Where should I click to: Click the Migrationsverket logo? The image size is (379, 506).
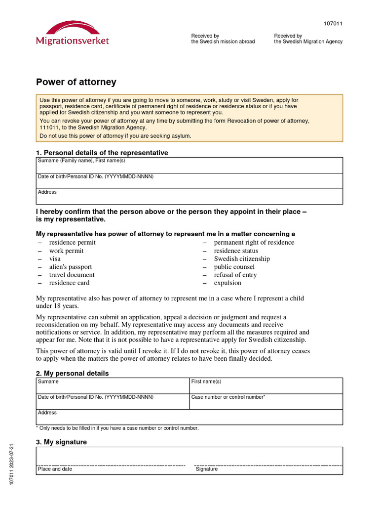(x=73, y=34)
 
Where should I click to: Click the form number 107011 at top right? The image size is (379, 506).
(x=333, y=24)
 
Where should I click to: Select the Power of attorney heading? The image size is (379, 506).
(x=76, y=82)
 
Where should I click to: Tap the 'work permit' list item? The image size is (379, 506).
(x=66, y=251)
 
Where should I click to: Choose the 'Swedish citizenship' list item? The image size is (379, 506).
(x=242, y=259)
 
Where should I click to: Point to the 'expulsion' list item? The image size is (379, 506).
(x=227, y=283)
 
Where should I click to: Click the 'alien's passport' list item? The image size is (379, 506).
(x=70, y=267)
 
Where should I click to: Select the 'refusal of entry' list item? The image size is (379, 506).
(x=235, y=275)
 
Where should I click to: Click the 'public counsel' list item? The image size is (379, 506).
(x=234, y=267)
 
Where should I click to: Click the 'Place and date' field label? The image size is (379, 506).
(x=55, y=469)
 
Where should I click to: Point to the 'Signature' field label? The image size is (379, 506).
(x=206, y=469)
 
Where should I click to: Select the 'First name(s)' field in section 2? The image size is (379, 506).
(x=265, y=386)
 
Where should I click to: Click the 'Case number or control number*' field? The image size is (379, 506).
(x=265, y=402)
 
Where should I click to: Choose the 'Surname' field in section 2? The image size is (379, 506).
(x=113, y=386)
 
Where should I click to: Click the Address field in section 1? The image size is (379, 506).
(x=189, y=197)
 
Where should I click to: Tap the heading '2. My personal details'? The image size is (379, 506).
(x=73, y=373)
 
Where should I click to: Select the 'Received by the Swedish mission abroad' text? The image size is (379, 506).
(x=223, y=39)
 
